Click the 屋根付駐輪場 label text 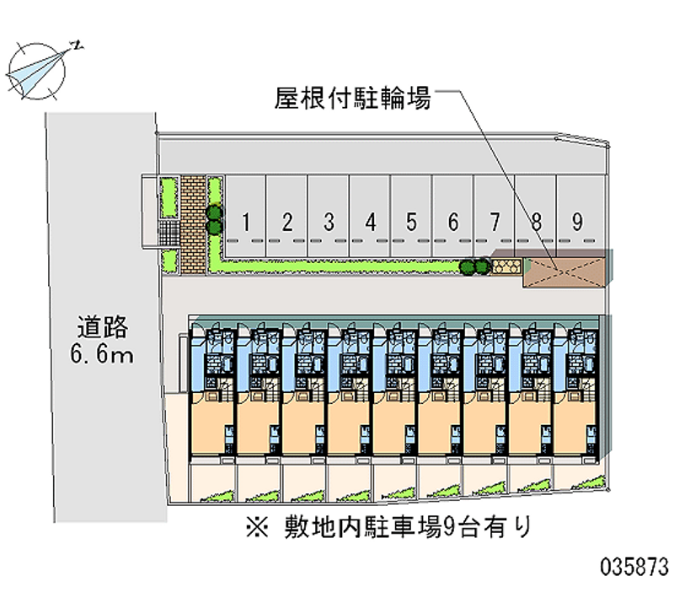tap(353, 99)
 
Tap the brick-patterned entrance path tap(193, 224)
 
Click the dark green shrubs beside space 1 tap(215, 219)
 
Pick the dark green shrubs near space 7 tap(474, 267)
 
